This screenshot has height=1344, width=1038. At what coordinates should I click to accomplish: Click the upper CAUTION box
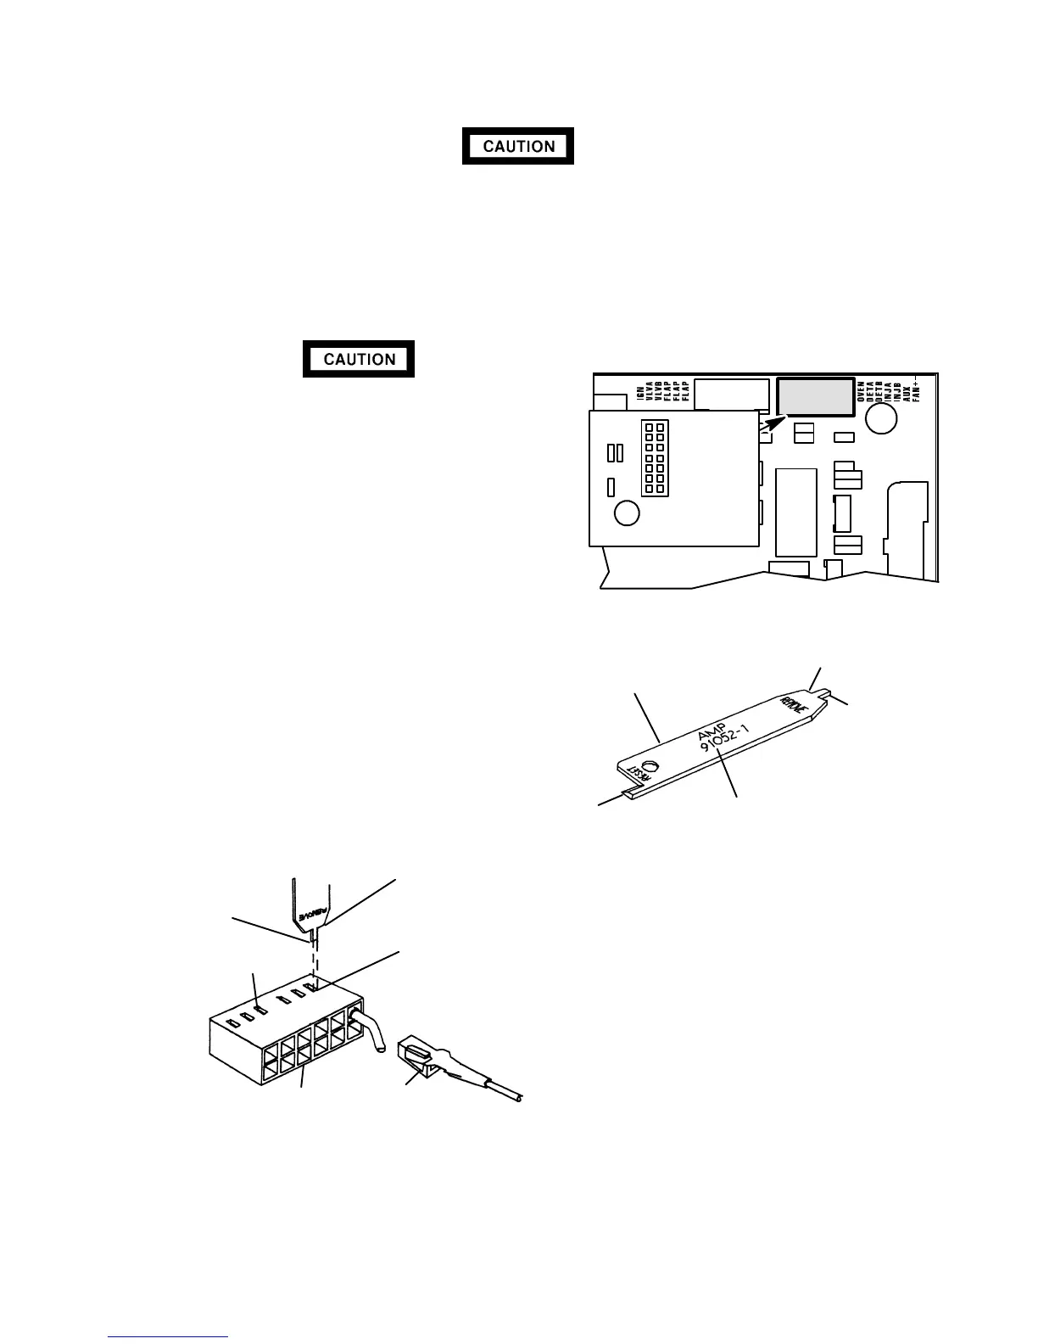point(518,146)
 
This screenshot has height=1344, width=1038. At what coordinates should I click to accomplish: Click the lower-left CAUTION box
point(359,359)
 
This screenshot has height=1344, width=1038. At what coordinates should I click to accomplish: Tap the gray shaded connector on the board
point(815,397)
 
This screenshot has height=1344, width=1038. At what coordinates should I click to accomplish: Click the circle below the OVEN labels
point(882,418)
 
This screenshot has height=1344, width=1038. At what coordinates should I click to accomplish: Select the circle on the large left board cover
point(627,513)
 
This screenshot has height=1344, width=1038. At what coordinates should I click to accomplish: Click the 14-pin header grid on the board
point(653,459)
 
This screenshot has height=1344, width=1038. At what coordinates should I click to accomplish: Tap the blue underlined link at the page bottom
point(169,1336)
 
